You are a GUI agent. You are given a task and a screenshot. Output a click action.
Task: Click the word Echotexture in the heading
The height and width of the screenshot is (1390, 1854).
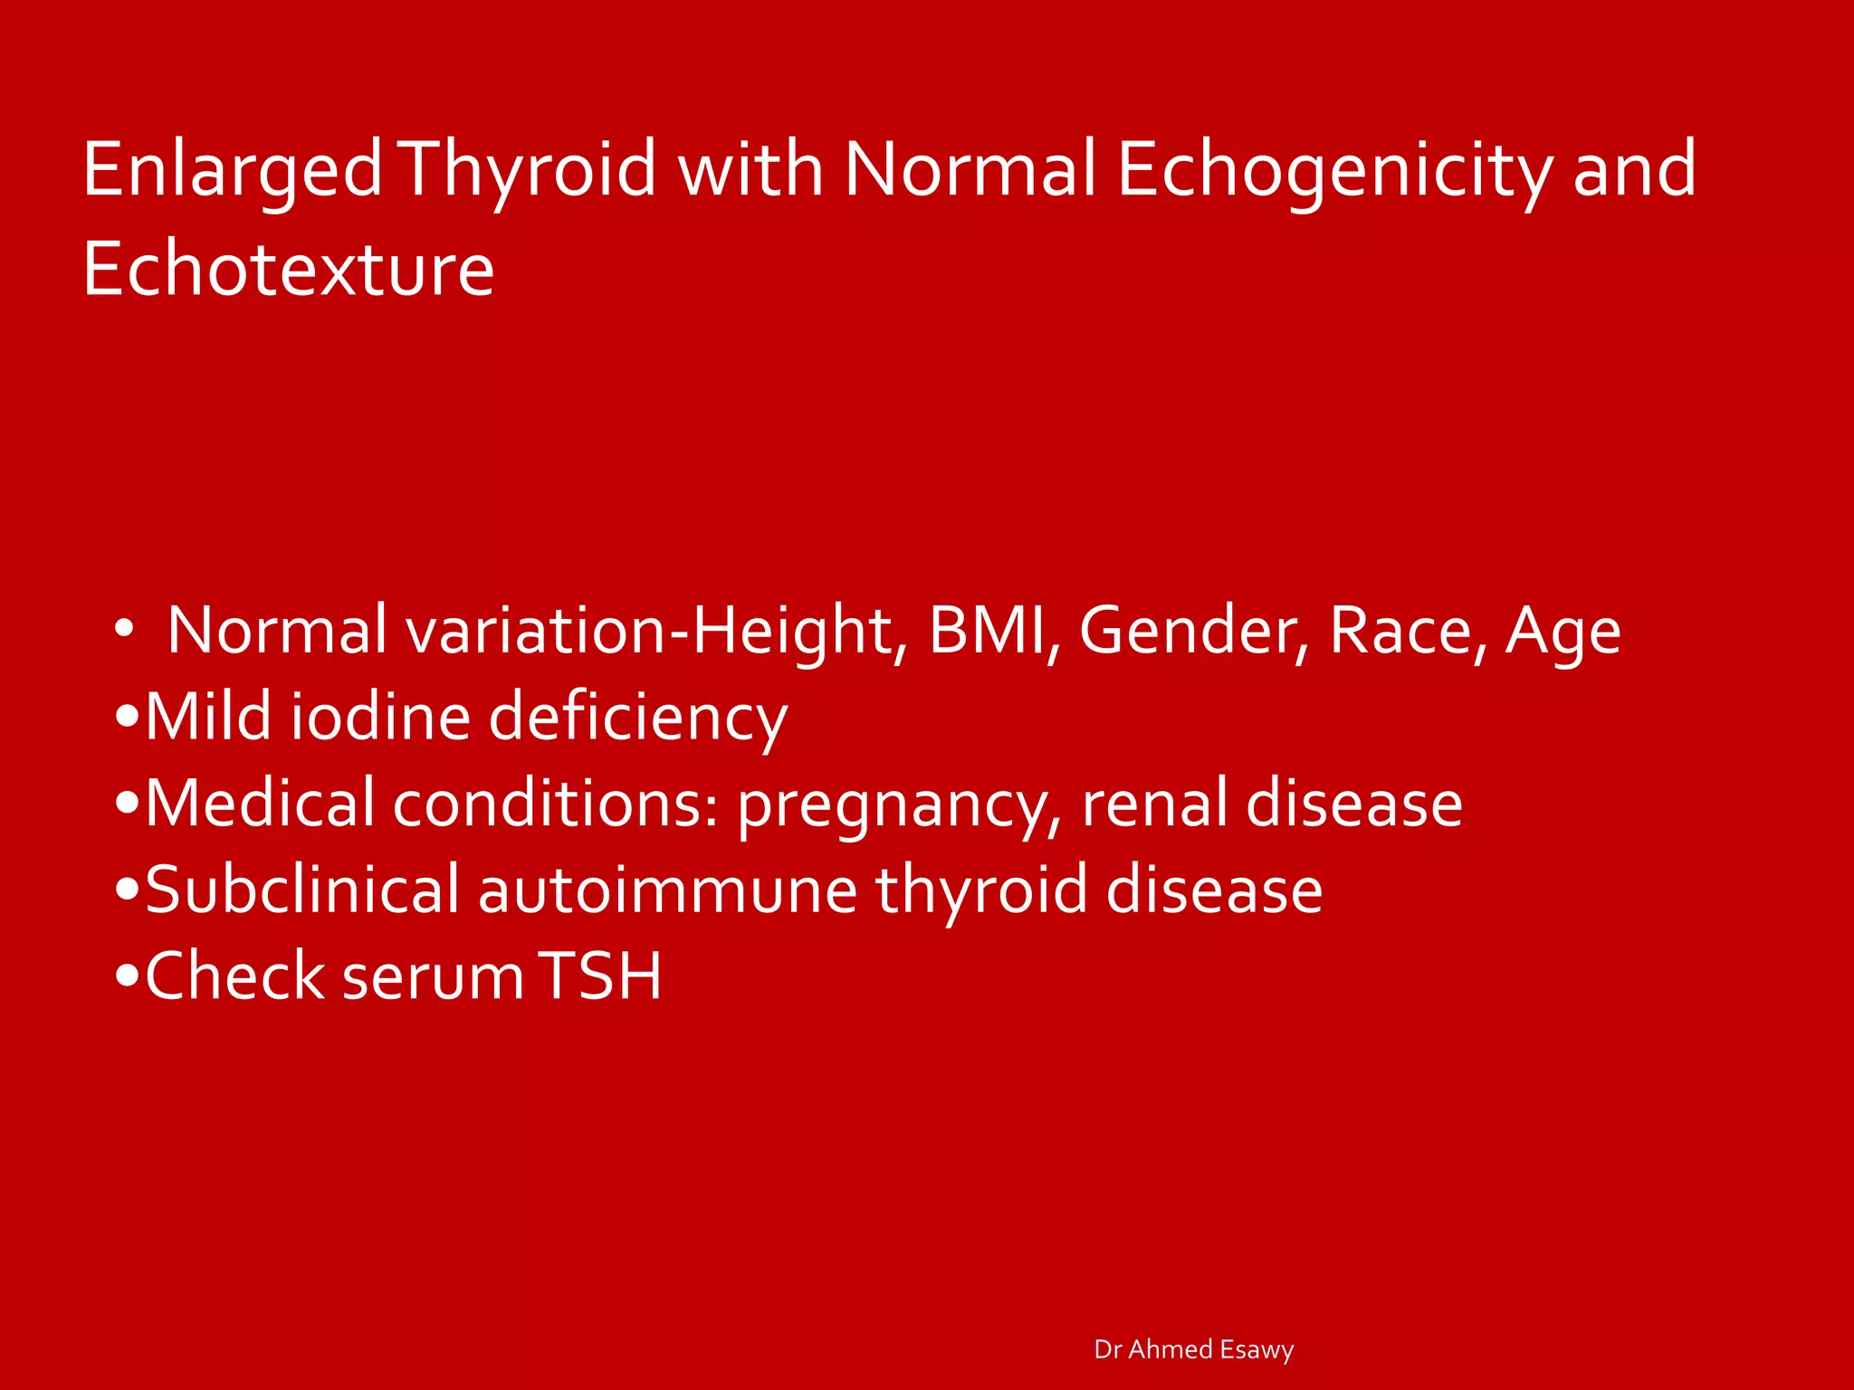coord(288,270)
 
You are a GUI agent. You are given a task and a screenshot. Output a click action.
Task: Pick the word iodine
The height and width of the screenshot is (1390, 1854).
coord(381,718)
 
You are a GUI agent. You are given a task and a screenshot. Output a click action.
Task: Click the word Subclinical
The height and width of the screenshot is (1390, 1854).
coord(302,890)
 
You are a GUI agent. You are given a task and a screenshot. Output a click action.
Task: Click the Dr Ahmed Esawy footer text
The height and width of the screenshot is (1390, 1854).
coord(1193,1349)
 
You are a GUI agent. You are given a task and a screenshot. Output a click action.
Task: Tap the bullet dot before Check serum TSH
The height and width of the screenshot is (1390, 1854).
coord(128,977)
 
